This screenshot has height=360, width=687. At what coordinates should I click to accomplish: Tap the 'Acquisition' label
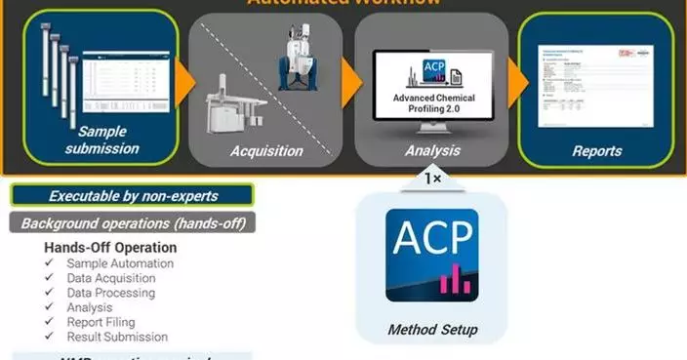(266, 150)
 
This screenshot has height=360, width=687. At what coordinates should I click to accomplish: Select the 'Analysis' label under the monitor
(432, 150)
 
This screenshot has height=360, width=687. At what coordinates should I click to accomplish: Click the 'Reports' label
(598, 151)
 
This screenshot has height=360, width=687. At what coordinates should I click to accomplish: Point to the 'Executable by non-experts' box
(134, 195)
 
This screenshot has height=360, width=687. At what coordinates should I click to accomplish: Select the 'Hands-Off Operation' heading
(110, 248)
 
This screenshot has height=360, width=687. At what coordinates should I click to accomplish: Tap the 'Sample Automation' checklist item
(120, 263)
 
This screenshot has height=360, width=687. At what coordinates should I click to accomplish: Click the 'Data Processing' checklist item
(110, 293)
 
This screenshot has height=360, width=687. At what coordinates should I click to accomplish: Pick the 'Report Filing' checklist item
(101, 322)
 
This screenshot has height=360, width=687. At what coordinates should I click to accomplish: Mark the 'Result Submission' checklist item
(117, 337)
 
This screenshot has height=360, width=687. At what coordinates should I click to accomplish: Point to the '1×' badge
(432, 179)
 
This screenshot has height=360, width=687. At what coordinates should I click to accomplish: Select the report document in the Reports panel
(596, 84)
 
